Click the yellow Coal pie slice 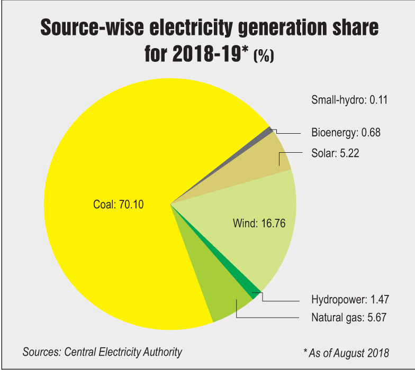point(106,238)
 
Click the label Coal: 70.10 point(118,205)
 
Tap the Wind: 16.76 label point(259,223)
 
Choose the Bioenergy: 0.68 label point(346,133)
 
